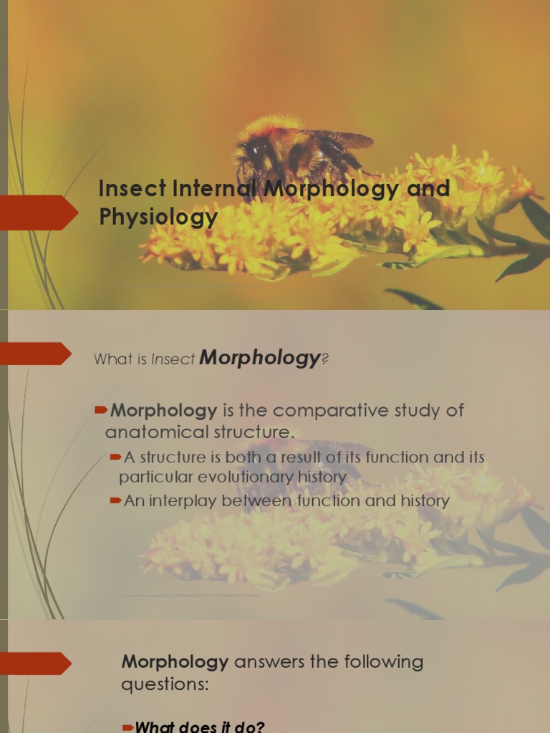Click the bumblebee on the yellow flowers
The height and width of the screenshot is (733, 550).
(286, 154)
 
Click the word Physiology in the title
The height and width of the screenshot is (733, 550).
(158, 216)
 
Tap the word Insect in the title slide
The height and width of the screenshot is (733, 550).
(132, 189)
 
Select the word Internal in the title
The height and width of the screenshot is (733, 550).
(215, 189)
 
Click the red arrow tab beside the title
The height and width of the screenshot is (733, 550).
(39, 212)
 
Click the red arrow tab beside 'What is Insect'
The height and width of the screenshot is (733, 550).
(36, 354)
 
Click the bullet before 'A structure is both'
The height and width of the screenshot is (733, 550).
(115, 457)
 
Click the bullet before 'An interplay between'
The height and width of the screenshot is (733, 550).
(115, 501)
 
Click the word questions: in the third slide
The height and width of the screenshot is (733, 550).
(165, 684)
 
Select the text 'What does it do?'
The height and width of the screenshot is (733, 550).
(200, 727)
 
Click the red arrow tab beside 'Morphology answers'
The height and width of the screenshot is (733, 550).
(36, 664)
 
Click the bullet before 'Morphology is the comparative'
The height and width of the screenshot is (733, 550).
(102, 410)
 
